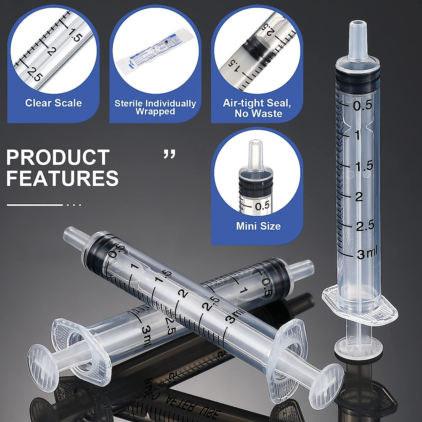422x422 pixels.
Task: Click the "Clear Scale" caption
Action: pyautogui.click(x=53, y=103)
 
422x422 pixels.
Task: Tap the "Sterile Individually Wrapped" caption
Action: pyautogui.click(x=155, y=108)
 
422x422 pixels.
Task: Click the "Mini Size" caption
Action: pyautogui.click(x=258, y=226)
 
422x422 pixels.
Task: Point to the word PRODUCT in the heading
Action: pyautogui.click(x=58, y=158)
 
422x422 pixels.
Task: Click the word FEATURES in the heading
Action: pyautogui.click(x=63, y=178)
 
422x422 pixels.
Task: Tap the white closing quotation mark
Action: pyautogui.click(x=170, y=154)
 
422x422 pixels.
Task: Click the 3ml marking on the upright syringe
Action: pyautogui.click(x=366, y=254)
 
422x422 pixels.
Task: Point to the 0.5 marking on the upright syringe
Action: pyautogui.click(x=363, y=105)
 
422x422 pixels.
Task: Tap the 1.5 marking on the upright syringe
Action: pyautogui.click(x=363, y=166)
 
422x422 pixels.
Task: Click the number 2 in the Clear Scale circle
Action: pyautogui.click(x=51, y=51)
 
